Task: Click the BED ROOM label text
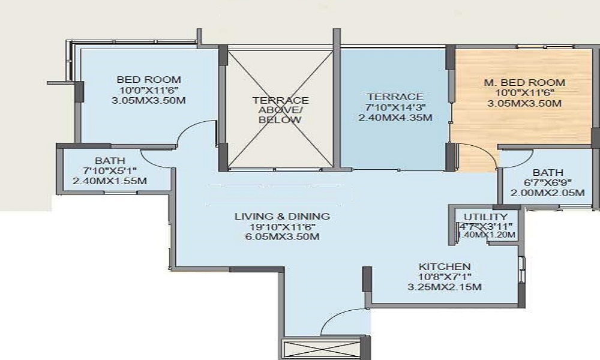149,79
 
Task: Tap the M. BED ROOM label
525,82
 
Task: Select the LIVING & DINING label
282,216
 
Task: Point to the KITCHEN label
444,266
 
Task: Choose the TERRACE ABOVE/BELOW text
280,110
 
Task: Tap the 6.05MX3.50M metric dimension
282,236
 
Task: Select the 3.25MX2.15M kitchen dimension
444,287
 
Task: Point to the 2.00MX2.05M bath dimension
548,193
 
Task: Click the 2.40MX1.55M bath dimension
110,181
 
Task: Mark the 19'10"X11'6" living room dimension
282,226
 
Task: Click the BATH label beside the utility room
548,172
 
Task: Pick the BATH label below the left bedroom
110,160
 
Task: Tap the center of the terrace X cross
280,109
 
